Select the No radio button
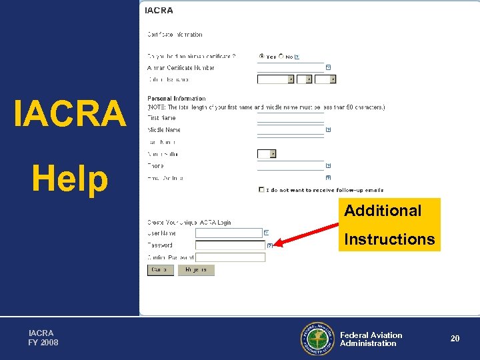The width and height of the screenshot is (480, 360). click(281, 57)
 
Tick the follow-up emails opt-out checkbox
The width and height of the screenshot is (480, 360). click(261, 190)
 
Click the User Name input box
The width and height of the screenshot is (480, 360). click(229, 233)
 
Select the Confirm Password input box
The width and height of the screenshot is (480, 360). click(230, 257)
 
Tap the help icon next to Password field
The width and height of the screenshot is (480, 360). click(269, 245)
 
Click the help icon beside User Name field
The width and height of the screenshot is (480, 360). click(266, 233)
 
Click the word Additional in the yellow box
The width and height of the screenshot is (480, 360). click(383, 211)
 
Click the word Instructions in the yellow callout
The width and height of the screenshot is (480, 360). click(389, 239)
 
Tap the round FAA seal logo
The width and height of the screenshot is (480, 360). click(318, 339)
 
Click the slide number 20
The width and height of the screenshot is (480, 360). click(455, 339)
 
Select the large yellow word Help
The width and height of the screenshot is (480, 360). click(69, 179)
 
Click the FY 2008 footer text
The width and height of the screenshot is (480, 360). click(43, 343)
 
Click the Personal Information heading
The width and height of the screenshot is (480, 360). click(176, 99)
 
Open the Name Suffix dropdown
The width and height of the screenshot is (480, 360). click(273, 154)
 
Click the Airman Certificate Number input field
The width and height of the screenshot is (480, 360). click(291, 68)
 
